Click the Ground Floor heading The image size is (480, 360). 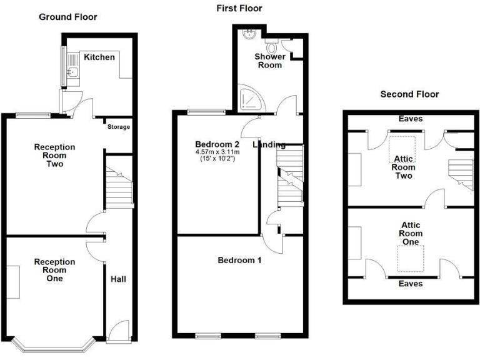tap(68, 17)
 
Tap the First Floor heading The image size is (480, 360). tap(239, 8)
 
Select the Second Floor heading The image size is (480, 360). tap(409, 94)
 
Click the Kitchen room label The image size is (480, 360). tap(100, 57)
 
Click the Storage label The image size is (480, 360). tap(118, 127)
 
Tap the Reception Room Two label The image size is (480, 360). tap(54, 156)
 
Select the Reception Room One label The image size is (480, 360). tap(54, 270)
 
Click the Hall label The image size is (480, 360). tap(118, 279)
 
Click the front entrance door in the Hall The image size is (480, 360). tap(119, 331)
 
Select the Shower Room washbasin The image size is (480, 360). tap(249, 33)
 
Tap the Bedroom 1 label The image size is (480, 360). tap(239, 260)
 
